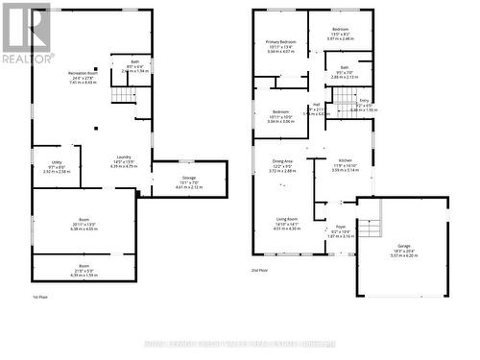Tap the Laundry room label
(x=124, y=156)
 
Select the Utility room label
(x=56, y=163)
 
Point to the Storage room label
(x=189, y=178)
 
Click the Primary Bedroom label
(x=280, y=43)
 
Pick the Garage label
(x=400, y=246)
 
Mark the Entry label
(x=364, y=100)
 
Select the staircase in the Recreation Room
(x=121, y=94)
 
